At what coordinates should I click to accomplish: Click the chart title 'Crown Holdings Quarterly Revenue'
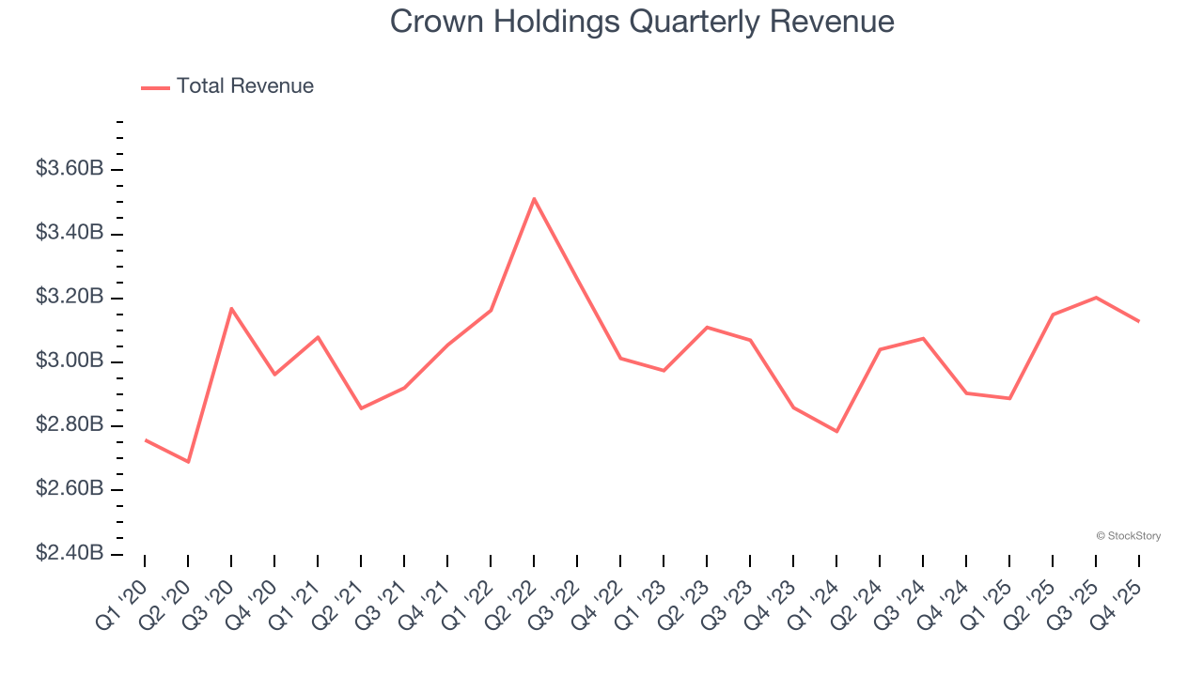[642, 22]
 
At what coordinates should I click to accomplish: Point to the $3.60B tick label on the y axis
[69, 169]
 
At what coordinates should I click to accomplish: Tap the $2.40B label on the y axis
[69, 554]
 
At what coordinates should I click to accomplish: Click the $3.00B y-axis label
[69, 361]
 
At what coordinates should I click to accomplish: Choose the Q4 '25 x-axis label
[1118, 596]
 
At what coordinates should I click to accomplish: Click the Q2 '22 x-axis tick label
[513, 596]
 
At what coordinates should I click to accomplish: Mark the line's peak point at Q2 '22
[534, 198]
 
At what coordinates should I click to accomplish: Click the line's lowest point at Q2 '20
[188, 462]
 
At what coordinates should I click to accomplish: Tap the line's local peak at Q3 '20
[231, 308]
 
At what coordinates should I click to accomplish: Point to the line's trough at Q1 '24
[836, 432]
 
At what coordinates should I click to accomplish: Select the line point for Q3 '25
[1096, 298]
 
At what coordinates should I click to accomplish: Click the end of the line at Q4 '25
[1139, 321]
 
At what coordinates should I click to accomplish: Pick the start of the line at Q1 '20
[145, 439]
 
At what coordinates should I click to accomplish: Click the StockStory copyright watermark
[1128, 536]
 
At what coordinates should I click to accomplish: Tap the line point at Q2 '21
[361, 408]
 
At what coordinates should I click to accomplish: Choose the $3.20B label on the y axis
[69, 298]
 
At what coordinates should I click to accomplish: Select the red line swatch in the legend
[155, 87]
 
